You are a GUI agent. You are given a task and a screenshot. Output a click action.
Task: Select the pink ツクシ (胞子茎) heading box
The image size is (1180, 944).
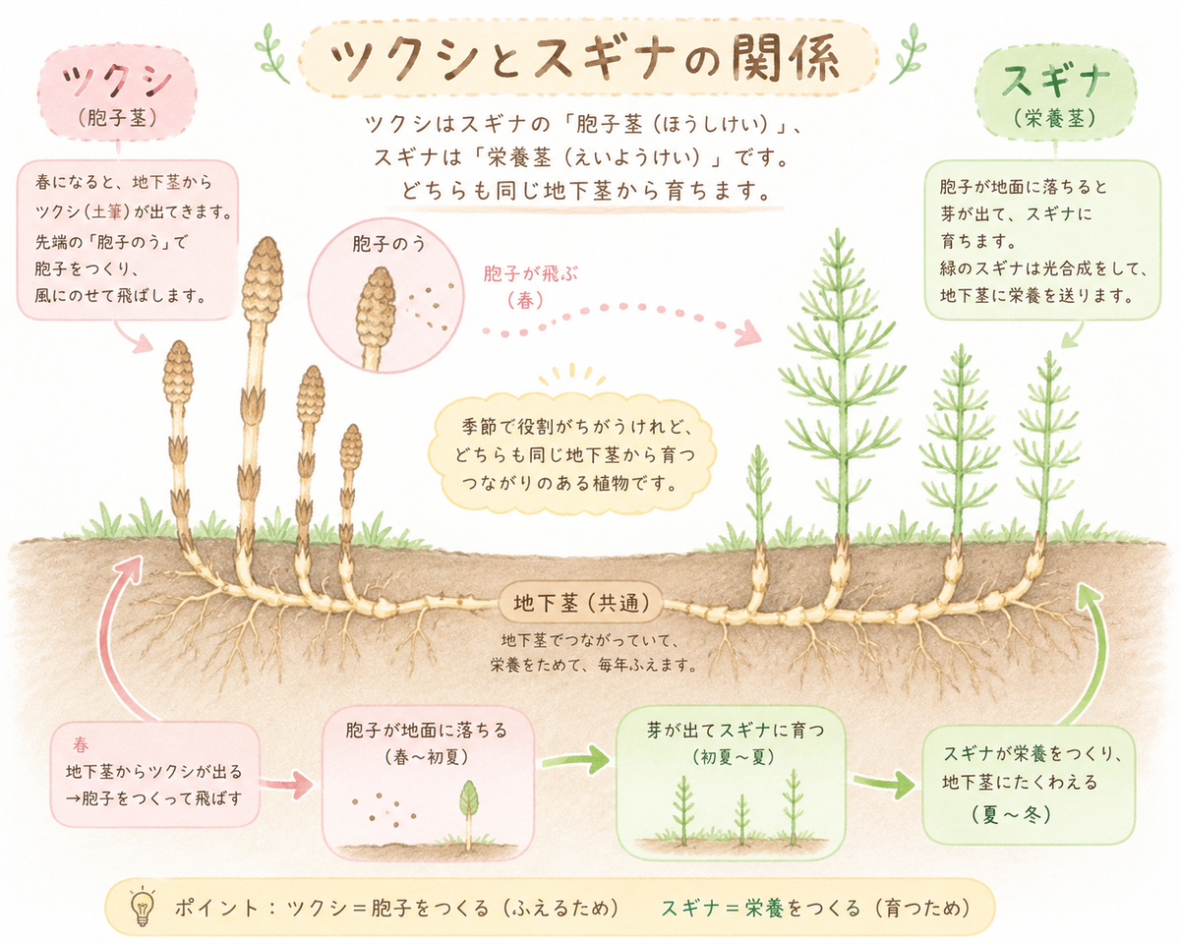(117, 92)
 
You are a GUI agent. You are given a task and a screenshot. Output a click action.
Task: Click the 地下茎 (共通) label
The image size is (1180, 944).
(581, 604)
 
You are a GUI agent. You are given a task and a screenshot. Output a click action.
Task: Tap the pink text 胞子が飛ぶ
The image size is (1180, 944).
(530, 273)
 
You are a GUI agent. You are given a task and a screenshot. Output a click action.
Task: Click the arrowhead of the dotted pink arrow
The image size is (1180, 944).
(748, 333)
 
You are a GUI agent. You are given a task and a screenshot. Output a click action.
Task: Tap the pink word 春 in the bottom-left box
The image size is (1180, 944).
(81, 744)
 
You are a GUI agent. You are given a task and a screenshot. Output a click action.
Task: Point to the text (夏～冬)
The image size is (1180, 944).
(1011, 814)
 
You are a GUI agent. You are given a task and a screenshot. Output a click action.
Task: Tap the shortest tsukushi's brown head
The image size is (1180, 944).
(351, 447)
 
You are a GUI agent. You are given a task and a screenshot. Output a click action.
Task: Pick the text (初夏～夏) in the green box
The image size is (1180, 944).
(734, 757)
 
